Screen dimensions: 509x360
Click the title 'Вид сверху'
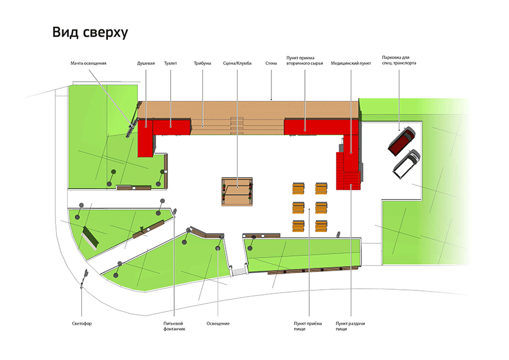tap(90, 32)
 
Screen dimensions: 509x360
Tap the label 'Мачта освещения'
tap(88, 63)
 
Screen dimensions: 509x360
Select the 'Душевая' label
tap(146, 63)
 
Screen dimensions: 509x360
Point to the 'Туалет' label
tap(170, 63)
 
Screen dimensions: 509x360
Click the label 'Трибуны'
tap(202, 63)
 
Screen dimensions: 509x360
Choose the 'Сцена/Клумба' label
tap(238, 63)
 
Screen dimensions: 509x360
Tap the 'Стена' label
tap(271, 63)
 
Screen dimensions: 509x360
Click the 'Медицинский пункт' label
tap(351, 63)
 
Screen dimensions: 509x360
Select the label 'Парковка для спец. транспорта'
tap(399, 60)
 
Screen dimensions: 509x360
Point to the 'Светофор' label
tap(82, 324)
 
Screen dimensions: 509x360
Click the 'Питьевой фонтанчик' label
tap(174, 326)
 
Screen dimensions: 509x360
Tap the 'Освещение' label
tap(218, 324)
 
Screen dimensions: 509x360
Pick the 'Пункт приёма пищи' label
tap(308, 326)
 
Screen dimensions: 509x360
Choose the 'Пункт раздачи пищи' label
tap(350, 326)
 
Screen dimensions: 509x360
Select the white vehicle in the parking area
tap(407, 164)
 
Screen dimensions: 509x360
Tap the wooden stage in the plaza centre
tap(237, 192)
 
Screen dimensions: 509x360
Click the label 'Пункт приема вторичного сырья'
tap(304, 61)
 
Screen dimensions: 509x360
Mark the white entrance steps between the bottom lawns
tap(239, 271)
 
